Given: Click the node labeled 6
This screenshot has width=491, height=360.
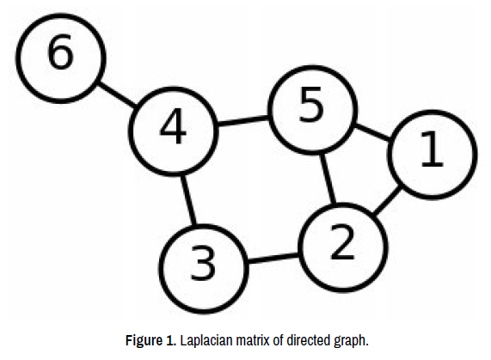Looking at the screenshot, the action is [x=61, y=58].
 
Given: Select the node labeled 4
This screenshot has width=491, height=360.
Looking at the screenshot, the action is [x=173, y=131].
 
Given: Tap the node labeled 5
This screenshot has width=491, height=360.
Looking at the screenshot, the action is [x=313, y=110].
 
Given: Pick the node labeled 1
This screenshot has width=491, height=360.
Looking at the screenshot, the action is [x=433, y=155].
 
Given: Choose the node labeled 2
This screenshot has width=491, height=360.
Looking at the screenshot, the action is [x=343, y=247].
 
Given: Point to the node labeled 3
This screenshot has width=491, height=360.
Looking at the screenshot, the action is [x=204, y=269].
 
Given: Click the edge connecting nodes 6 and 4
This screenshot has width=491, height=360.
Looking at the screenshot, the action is [x=117, y=95].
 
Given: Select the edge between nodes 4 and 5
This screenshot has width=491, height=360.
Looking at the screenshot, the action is [x=243, y=121].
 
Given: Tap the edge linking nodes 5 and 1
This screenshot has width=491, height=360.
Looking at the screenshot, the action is [x=372, y=132].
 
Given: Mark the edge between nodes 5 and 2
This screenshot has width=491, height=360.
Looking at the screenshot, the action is [x=328, y=179].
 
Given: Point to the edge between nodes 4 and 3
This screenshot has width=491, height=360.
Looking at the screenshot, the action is [x=189, y=200].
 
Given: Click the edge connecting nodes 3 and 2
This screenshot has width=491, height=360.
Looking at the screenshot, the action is [x=273, y=259].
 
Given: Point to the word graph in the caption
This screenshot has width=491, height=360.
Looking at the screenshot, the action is [x=351, y=341].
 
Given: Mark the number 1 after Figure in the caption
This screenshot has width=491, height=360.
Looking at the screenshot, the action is [x=169, y=340].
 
